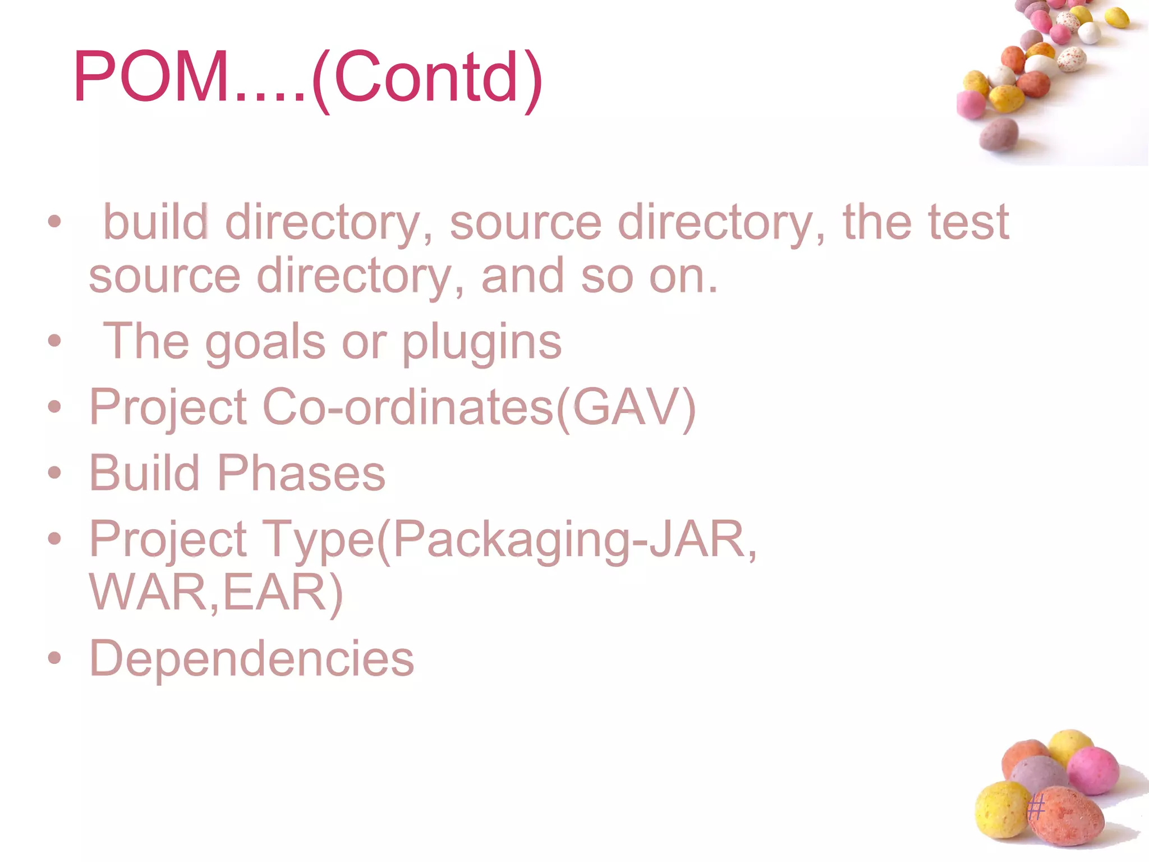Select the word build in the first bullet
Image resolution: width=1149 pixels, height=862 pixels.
coord(155,222)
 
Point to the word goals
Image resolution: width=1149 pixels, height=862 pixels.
coord(265,342)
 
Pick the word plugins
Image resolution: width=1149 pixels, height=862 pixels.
coord(481,342)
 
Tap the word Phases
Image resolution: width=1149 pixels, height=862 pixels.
coord(301,473)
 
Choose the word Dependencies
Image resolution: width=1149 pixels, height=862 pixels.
coord(251,658)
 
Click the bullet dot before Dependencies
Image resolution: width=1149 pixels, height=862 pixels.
coord(54,658)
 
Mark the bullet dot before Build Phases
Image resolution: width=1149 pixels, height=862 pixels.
coord(54,473)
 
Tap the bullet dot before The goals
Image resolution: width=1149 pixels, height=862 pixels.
coord(54,341)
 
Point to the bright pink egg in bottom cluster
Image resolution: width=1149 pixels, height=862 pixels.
coord(1093,770)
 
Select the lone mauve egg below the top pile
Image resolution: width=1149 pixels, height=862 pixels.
coord(999,134)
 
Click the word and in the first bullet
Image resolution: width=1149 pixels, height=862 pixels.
coord(522,276)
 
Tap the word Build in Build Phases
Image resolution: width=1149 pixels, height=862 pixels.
coord(145,473)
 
